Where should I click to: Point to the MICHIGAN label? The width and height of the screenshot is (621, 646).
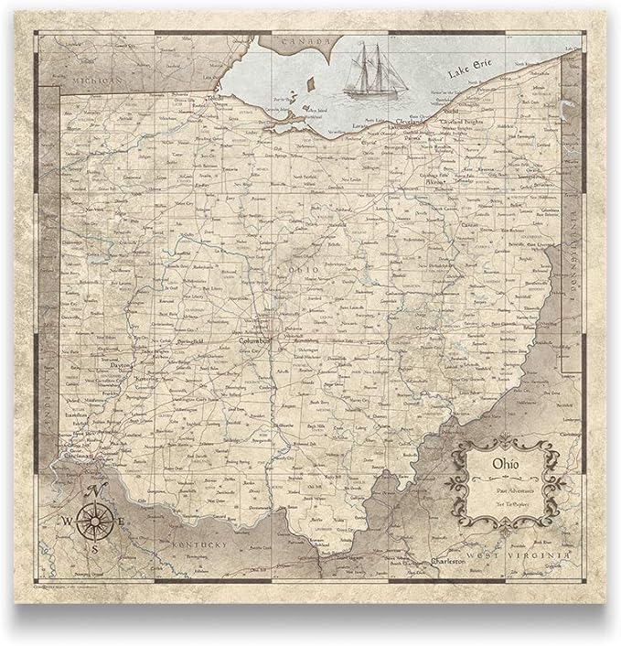pyautogui.click(x=93, y=81)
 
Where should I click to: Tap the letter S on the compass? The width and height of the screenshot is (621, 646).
pyautogui.click(x=94, y=550)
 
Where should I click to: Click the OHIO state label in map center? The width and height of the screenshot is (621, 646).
pyautogui.click(x=301, y=272)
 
